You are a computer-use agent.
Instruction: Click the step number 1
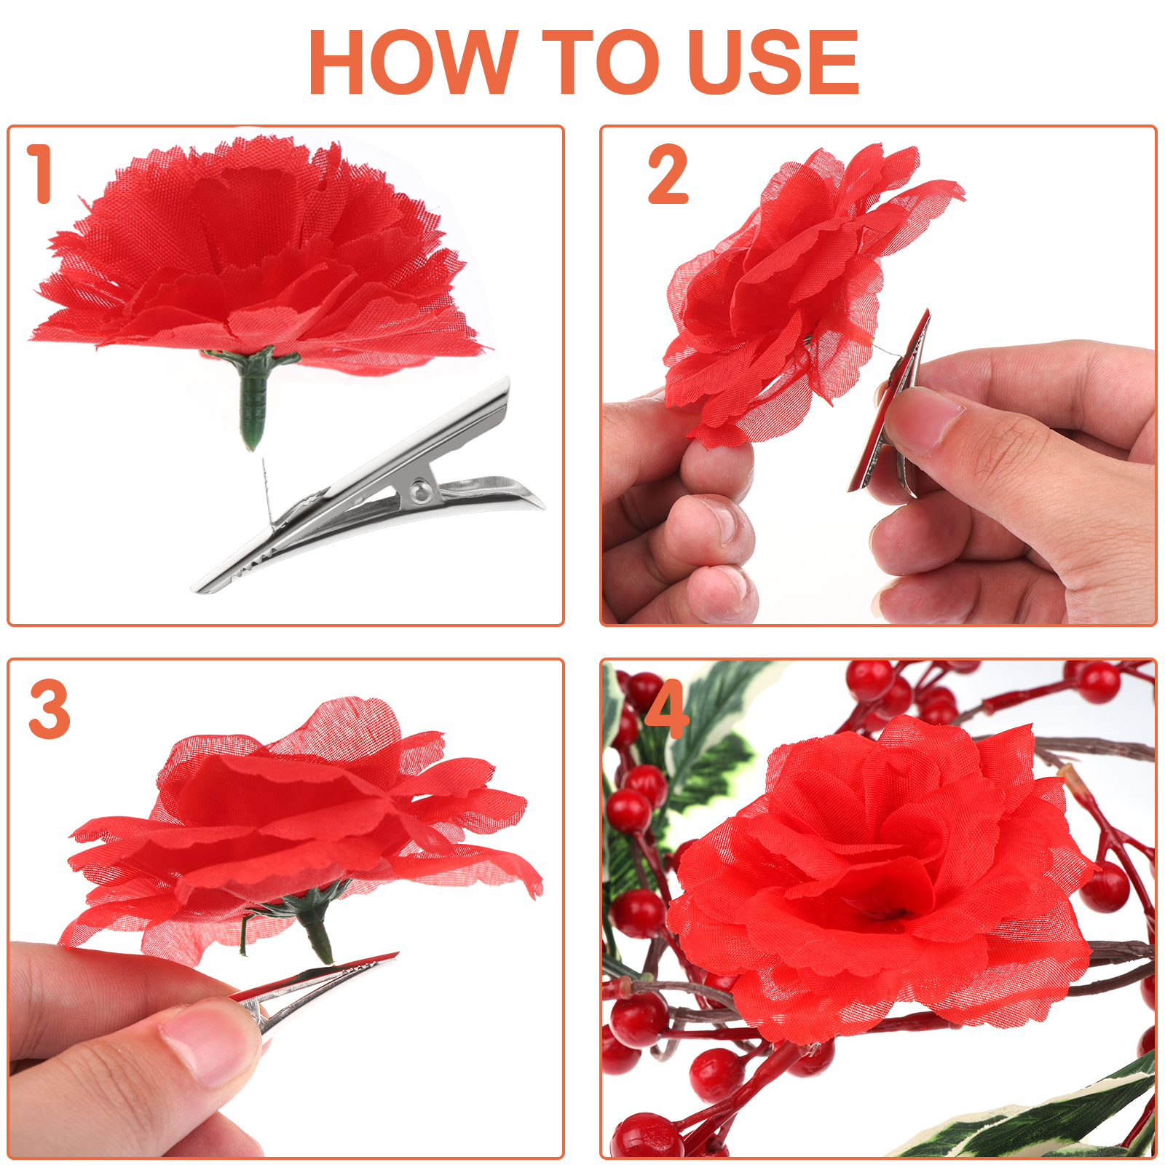pyautogui.click(x=40, y=173)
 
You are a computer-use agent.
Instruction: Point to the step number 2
pyautogui.click(x=668, y=174)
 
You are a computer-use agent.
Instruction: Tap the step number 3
pyautogui.click(x=50, y=708)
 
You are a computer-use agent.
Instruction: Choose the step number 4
pyautogui.click(x=666, y=708)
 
